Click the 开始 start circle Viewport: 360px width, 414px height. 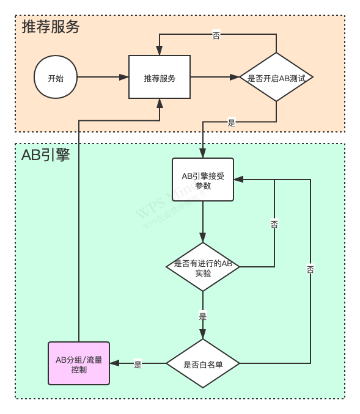coord(56,77)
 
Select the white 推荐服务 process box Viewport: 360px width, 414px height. coord(160,77)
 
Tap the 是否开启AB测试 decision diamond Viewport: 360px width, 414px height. coord(276,78)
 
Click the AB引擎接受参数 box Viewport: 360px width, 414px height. coord(203,180)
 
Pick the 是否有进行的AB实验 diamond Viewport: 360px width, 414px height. coord(203,267)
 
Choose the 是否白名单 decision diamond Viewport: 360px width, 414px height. coord(203,364)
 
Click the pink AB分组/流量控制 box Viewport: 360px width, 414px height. coord(79,363)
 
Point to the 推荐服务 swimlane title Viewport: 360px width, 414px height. coord(51,27)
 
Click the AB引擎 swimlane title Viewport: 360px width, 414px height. coord(46,154)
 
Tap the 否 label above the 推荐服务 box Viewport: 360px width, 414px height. coord(216,35)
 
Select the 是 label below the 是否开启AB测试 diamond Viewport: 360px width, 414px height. coord(231,122)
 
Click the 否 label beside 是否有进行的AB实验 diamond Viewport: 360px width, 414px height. coord(274,224)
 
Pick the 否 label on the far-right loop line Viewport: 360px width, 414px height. coord(310,269)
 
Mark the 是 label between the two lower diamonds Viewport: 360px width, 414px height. coord(203,316)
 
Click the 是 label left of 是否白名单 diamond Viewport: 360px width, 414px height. coord(138,364)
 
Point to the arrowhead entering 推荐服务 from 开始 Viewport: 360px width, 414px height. coord(124,77)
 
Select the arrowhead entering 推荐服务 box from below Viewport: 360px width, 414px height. coord(160,103)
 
